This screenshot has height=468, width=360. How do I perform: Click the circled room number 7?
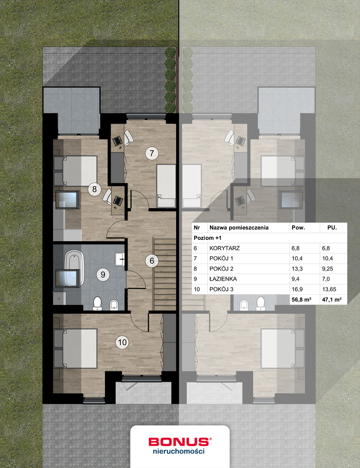click(152, 153)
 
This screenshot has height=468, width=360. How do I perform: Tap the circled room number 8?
click(94, 189)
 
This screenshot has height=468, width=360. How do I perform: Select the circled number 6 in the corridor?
click(152, 260)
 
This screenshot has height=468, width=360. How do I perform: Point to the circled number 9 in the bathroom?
click(103, 274)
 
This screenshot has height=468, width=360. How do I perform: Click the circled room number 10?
click(122, 342)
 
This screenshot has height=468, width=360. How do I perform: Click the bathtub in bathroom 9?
click(73, 267)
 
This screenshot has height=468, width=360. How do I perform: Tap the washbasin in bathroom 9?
click(120, 259)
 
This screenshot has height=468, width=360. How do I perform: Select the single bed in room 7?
click(166, 186)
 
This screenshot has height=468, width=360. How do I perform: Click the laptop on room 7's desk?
click(117, 140)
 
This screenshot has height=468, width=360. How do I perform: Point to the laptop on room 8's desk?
click(118, 201)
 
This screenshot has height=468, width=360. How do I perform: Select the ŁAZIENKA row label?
click(223, 279)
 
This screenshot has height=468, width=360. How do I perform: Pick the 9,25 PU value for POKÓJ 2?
click(327, 269)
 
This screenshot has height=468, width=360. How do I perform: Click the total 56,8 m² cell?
click(301, 300)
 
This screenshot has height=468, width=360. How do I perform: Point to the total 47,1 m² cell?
click(331, 300)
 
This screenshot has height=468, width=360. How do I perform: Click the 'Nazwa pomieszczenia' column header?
click(239, 228)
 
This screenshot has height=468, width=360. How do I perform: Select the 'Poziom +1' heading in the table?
click(208, 238)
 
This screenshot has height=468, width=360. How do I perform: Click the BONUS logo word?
click(179, 442)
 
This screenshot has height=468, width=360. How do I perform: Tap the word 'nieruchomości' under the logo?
click(179, 451)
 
